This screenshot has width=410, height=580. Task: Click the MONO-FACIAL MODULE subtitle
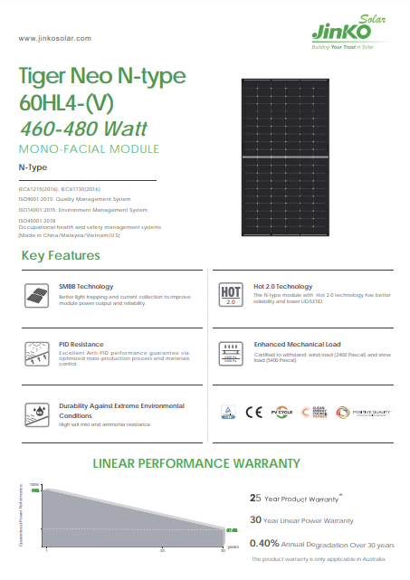pyautogui.click(x=89, y=148)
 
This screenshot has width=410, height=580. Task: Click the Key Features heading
pyautogui.click(x=61, y=256)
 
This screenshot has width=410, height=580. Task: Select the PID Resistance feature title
pyautogui.click(x=81, y=345)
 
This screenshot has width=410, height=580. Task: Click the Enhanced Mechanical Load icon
pyautogui.click(x=230, y=353)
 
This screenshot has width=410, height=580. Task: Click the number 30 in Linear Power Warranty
pyautogui.click(x=255, y=520)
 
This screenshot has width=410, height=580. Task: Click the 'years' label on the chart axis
pyautogui.click(x=233, y=547)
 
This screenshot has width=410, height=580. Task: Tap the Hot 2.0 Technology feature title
pyautogui.click(x=282, y=286)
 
